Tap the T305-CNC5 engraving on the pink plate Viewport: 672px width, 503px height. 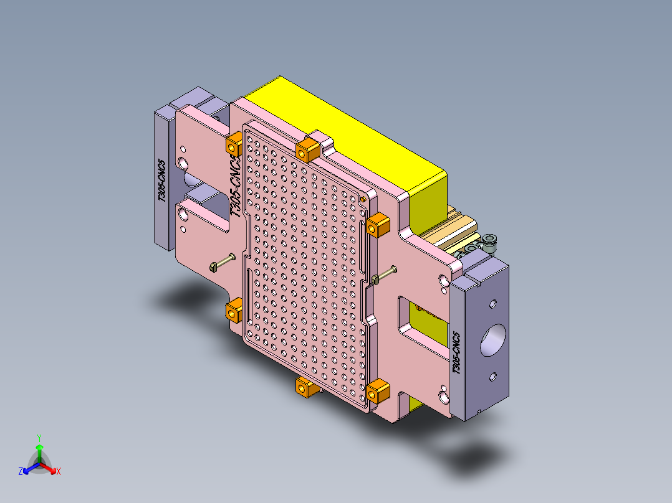(x=234, y=186)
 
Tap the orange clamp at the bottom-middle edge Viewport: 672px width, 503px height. (x=305, y=388)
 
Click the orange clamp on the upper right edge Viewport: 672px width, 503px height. (x=377, y=226)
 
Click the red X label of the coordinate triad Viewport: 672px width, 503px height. (x=59, y=472)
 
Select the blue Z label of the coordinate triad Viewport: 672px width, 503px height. (x=21, y=472)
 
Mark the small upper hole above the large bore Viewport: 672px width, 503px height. (x=492, y=304)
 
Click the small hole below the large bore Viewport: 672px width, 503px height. (x=492, y=376)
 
